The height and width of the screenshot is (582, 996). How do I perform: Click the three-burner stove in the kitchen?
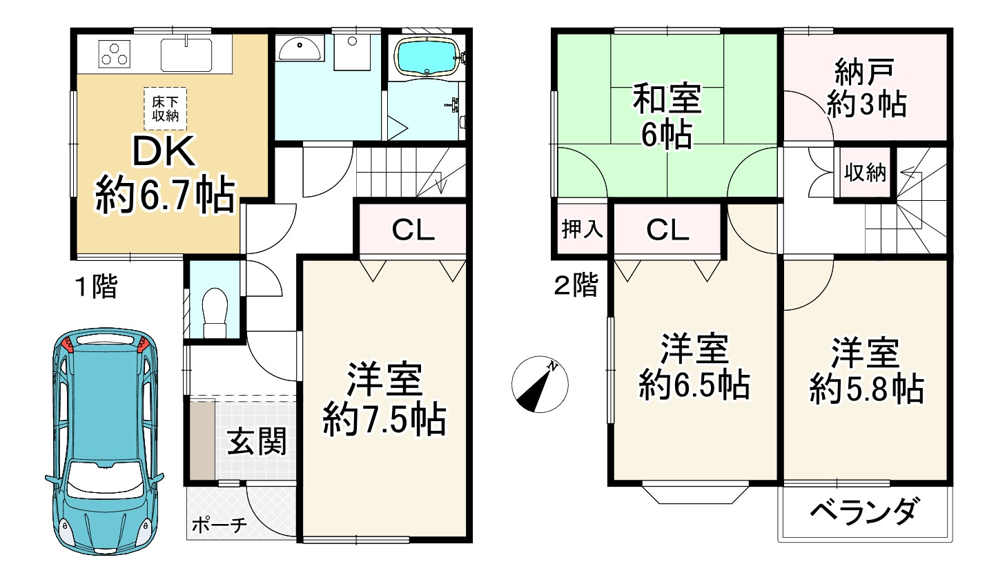click(115, 54)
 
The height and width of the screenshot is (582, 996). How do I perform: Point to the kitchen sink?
click(186, 54)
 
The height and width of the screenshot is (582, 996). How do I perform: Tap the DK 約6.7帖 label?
click(164, 175)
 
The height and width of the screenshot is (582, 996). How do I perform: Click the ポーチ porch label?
click(219, 525)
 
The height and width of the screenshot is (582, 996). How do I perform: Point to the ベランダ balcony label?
click(864, 512)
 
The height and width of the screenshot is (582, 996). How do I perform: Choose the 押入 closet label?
click(583, 229)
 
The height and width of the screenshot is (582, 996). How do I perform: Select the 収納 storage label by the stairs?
click(865, 173)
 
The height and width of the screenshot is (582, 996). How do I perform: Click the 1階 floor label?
click(96, 286)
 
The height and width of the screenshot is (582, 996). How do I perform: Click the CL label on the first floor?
click(413, 230)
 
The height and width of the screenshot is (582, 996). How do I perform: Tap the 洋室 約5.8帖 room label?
click(866, 371)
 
